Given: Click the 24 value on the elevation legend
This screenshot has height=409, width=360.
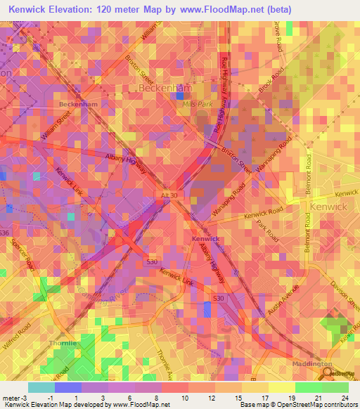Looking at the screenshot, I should (x=344, y=397).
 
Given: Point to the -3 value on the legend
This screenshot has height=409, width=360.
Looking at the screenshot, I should (x=15, y=397).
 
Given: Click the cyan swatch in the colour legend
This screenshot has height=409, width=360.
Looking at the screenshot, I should (x=41, y=387).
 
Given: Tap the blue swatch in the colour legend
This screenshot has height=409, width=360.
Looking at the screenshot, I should (x=67, y=387).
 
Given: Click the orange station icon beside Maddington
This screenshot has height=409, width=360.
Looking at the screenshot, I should (x=326, y=375).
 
